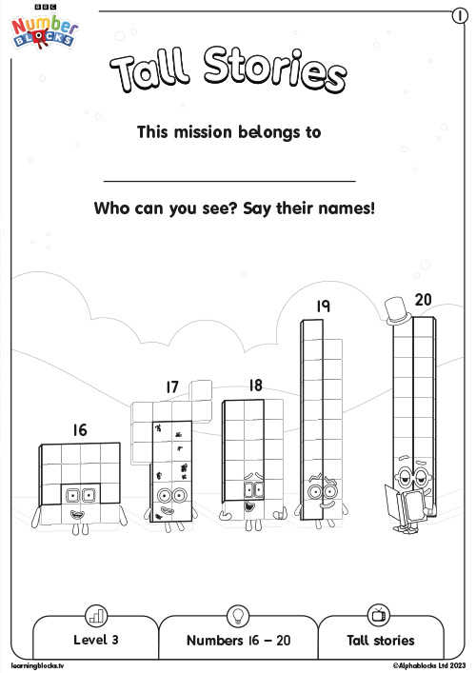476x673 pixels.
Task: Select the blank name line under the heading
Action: coord(228,180)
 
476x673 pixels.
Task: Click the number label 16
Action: coord(79,430)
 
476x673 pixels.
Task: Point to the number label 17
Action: coord(171,386)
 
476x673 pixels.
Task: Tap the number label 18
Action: coord(254,386)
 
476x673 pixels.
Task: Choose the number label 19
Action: coord(323,306)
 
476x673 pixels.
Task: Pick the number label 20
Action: coord(423,299)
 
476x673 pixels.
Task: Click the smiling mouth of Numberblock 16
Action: coord(79,515)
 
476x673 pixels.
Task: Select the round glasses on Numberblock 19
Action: coord(317,492)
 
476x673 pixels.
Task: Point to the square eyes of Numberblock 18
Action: coord(252,490)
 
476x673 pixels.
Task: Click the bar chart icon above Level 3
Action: coord(96,615)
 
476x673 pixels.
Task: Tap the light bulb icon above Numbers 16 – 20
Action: coord(238,615)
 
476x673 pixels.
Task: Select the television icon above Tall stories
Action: coord(379,615)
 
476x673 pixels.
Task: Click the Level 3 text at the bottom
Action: coord(96,640)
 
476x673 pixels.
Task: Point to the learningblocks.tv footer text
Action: coord(38,665)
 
